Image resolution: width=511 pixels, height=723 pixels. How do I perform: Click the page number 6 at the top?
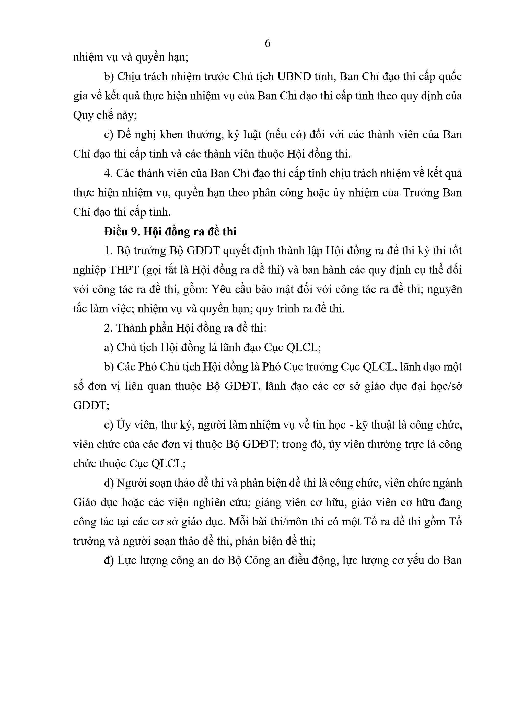(x=267, y=43)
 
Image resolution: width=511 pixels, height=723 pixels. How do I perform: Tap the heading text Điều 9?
(x=122, y=232)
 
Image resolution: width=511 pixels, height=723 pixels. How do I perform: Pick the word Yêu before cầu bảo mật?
(x=220, y=289)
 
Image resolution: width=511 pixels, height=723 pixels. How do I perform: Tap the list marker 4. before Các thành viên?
(x=109, y=173)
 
